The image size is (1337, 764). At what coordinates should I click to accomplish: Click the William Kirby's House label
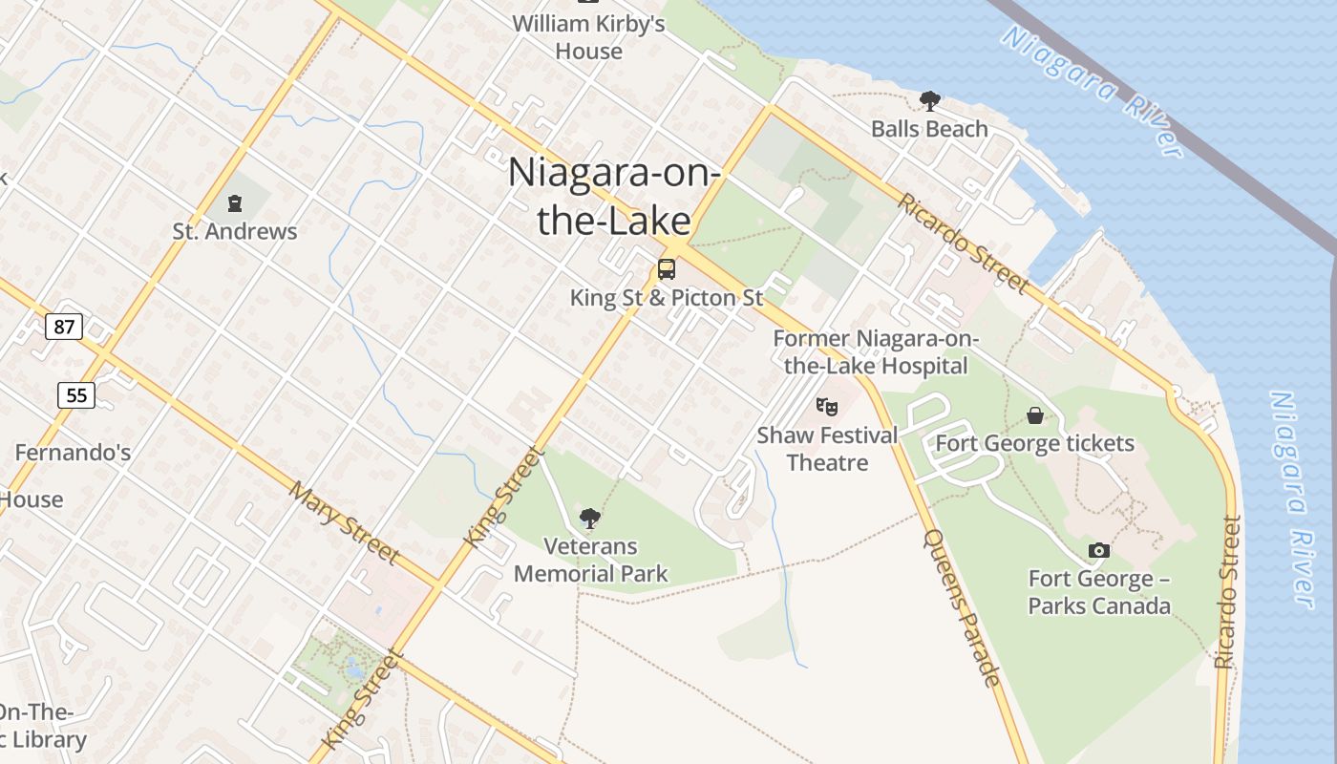point(588,37)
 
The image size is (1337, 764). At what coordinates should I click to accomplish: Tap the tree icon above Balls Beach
point(929,101)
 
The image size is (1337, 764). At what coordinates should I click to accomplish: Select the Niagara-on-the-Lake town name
point(614,197)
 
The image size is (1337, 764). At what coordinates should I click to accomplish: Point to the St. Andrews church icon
point(235,203)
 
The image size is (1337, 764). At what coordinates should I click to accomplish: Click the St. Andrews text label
point(235,231)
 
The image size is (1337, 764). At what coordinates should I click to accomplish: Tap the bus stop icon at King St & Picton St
point(667,269)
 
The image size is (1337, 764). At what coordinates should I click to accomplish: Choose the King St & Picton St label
point(667,298)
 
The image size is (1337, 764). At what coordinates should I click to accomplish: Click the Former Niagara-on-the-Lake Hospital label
point(870,352)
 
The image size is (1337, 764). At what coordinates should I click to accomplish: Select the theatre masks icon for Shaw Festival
point(827,407)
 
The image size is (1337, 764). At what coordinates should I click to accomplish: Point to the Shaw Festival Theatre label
point(827,449)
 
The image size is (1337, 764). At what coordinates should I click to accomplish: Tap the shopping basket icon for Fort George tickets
point(1034,415)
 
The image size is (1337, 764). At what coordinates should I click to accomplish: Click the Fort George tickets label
point(1034,443)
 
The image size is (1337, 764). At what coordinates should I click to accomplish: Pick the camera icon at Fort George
point(1099,551)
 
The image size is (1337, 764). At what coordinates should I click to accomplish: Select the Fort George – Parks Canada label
point(1099,592)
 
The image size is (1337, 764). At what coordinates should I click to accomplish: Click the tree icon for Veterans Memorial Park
point(590,519)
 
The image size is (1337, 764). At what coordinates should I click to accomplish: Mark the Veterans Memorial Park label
point(590,560)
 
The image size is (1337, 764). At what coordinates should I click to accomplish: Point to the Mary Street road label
point(345,522)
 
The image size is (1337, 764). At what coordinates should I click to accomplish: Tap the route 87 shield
point(64,327)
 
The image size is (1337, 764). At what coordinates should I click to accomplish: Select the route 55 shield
point(75,394)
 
